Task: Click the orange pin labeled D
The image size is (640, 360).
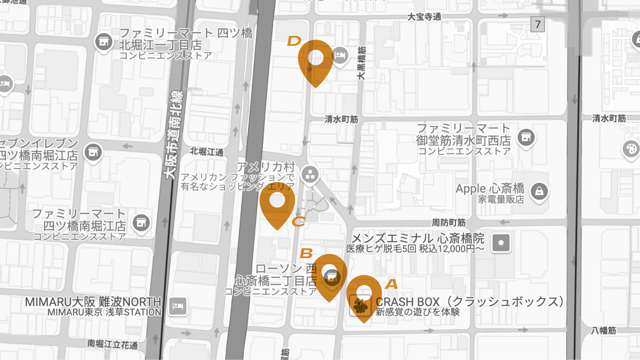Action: (316, 60)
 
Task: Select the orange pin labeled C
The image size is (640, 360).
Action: (277, 203)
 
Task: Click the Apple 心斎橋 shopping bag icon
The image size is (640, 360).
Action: (539, 191)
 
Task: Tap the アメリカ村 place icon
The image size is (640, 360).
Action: (310, 174)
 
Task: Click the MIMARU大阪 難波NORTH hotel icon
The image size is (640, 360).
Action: (178, 306)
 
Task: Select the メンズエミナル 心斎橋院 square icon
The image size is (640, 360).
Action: (501, 243)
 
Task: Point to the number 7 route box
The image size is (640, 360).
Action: (537, 24)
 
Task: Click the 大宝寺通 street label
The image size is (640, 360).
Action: (424, 17)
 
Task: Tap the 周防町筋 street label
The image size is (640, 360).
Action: (448, 222)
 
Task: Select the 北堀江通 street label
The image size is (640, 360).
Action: (206, 152)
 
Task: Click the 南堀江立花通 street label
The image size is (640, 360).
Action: (112, 344)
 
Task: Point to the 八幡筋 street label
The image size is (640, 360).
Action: (603, 330)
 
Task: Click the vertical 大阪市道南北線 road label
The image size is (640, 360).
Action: (174, 135)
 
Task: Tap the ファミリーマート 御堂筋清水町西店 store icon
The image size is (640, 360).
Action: (526, 137)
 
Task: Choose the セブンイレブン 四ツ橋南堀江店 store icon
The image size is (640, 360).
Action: (93, 152)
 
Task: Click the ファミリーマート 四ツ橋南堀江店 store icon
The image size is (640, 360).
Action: (141, 223)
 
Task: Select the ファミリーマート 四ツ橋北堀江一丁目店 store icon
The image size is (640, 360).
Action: (104, 42)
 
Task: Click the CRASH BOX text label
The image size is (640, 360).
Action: (407, 302)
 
